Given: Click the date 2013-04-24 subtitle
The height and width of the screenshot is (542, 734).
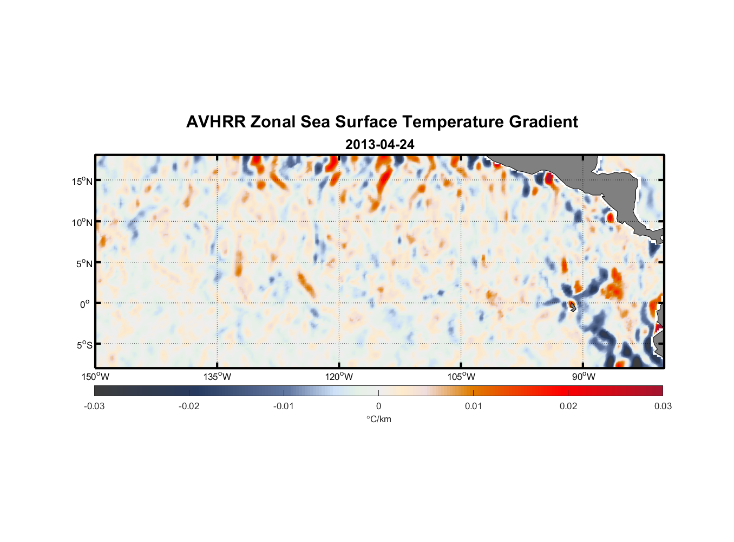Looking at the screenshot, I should pyautogui.click(x=379, y=145).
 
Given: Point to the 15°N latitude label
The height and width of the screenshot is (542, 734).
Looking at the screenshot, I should pyautogui.click(x=82, y=181).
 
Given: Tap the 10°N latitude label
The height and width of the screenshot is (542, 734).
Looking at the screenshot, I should pyautogui.click(x=82, y=222).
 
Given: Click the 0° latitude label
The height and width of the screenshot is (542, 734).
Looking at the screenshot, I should pyautogui.click(x=84, y=304).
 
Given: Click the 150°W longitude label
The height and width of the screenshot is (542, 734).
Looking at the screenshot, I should pyautogui.click(x=95, y=377).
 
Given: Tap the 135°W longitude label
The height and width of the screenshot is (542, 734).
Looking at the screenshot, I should pyautogui.click(x=218, y=377).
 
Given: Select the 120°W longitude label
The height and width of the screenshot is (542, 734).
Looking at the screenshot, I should pyautogui.click(x=339, y=377).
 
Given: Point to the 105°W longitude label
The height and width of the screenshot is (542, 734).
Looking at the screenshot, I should pyautogui.click(x=461, y=377).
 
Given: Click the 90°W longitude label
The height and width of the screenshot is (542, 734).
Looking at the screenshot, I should pyautogui.click(x=584, y=377).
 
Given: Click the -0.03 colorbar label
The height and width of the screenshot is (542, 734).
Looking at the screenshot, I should pyautogui.click(x=94, y=406).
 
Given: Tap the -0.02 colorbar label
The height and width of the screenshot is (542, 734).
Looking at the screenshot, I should pyautogui.click(x=189, y=406).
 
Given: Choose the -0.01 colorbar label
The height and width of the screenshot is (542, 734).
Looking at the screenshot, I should pyautogui.click(x=284, y=406).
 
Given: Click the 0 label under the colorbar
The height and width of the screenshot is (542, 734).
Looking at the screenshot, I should pyautogui.click(x=378, y=406).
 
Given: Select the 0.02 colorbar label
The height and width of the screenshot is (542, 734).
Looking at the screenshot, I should pyautogui.click(x=568, y=406).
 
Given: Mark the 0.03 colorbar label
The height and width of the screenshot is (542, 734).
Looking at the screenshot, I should pyautogui.click(x=663, y=406).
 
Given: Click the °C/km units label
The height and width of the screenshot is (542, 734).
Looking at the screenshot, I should pyautogui.click(x=378, y=419).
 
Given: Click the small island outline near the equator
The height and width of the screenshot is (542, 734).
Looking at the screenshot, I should pyautogui.click(x=573, y=307).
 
